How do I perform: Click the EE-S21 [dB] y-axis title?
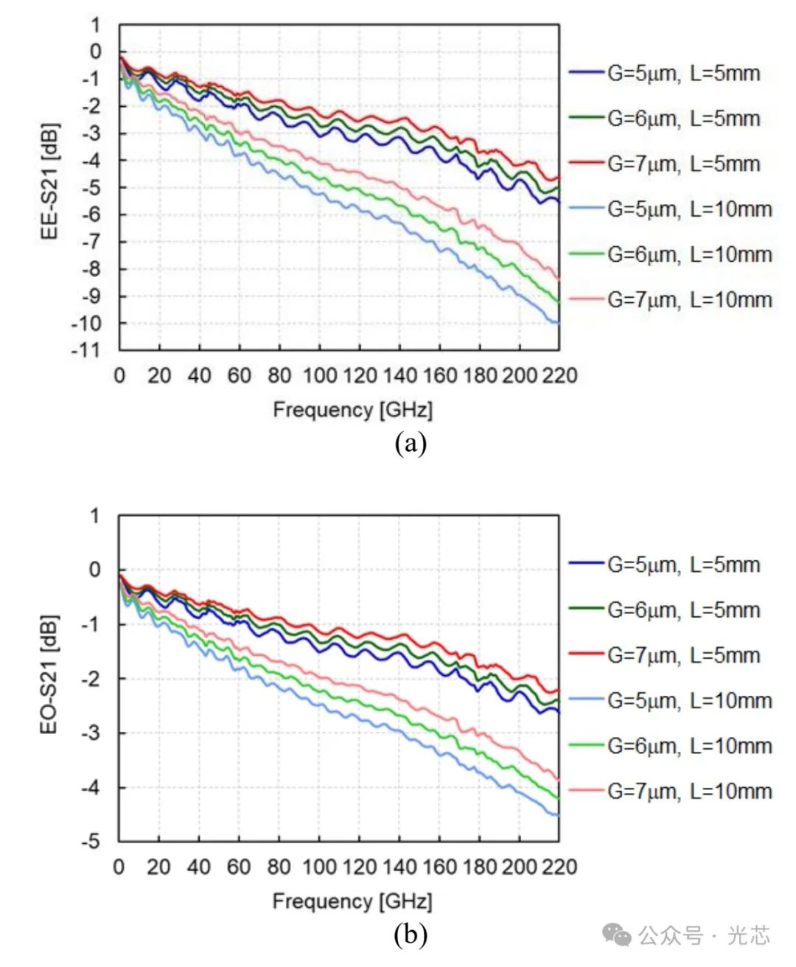click(49, 181)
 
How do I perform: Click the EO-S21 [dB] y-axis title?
click(49, 674)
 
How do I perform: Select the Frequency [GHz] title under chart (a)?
click(352, 410)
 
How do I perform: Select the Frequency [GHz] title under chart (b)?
click(352, 901)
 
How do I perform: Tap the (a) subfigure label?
click(411, 443)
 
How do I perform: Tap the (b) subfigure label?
click(411, 935)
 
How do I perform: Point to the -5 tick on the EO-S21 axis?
click(91, 841)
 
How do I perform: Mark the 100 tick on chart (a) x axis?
click(320, 376)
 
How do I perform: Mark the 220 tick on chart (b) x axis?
click(559, 867)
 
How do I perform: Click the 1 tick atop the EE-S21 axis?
click(95, 26)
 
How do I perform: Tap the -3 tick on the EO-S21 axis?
click(91, 733)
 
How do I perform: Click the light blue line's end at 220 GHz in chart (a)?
click(558, 323)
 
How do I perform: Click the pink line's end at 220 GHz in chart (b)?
click(558, 779)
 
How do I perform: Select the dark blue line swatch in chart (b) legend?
click(587, 565)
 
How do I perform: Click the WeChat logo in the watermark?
click(618, 935)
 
